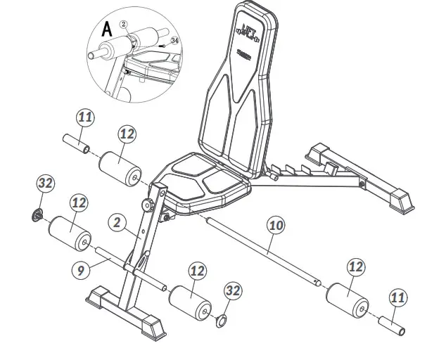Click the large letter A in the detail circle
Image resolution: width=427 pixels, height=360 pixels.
[x=106, y=31]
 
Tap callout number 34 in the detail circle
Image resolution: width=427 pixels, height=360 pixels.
[x=174, y=41]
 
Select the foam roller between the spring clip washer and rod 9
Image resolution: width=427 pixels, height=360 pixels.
[x=70, y=233]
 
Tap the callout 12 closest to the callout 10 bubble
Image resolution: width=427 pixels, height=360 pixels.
[x=355, y=266]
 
